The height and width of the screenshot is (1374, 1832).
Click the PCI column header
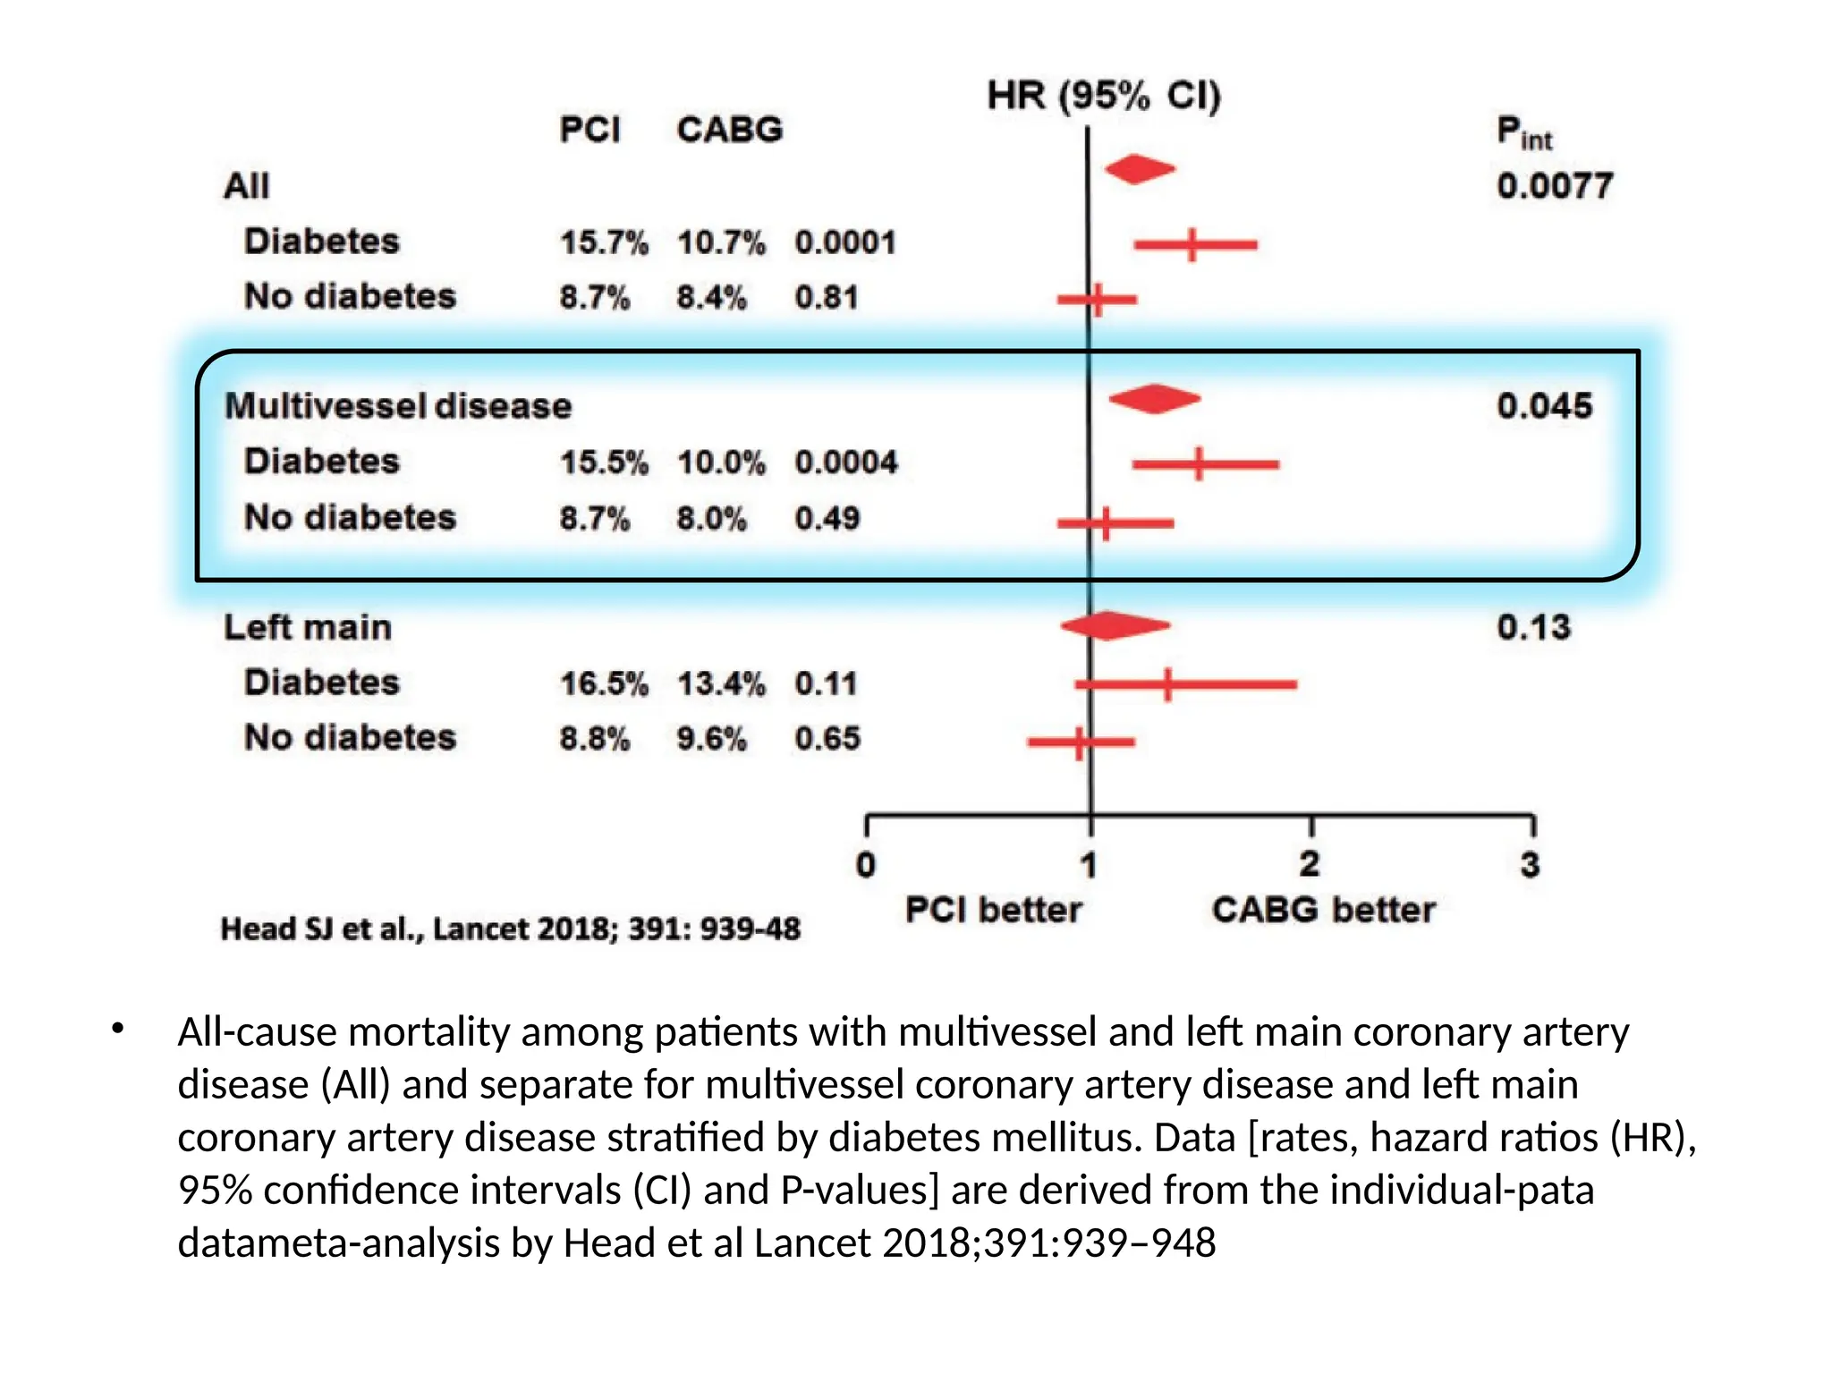point(589,130)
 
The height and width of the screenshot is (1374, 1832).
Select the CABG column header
point(729,130)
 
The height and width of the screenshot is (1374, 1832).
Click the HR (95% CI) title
point(1104,95)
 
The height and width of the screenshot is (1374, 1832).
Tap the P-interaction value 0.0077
point(1555,186)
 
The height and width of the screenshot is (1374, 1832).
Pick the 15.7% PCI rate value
point(604,242)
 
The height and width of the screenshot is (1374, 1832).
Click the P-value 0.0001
point(845,242)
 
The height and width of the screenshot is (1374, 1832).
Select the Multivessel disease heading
point(398,406)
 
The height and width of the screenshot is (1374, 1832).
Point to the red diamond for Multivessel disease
point(1154,399)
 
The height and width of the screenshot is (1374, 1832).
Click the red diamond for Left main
point(1115,625)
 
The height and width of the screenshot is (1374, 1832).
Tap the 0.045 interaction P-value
point(1545,406)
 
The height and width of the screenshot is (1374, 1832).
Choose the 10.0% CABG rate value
point(721,462)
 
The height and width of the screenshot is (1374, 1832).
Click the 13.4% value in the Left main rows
point(721,683)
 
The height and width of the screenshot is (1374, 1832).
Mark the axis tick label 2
point(1310,864)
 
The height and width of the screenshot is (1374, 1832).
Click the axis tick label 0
point(866,865)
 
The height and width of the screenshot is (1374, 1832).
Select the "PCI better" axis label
point(993,910)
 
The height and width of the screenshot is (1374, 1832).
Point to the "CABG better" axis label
point(1323,910)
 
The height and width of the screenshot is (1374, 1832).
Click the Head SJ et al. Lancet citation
point(511,929)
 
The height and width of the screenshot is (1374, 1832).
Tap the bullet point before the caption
point(118,1030)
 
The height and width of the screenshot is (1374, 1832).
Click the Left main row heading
point(308,627)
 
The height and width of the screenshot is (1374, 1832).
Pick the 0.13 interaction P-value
point(1534,627)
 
